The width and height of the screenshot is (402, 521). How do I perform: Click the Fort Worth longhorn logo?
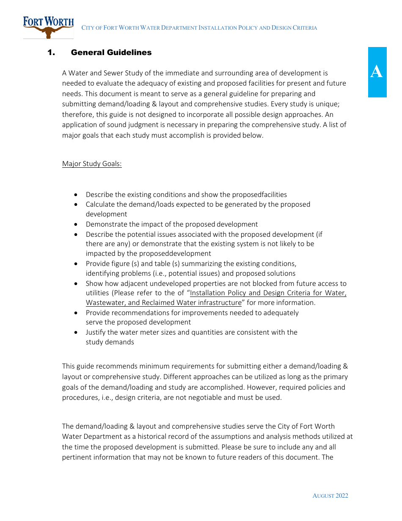click(48, 27)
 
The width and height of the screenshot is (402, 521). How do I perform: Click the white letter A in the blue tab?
click(377, 72)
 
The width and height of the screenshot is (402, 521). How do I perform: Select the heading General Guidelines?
click(111, 53)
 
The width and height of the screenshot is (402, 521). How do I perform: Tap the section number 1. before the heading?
click(51, 53)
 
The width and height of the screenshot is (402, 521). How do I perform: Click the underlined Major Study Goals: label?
click(92, 164)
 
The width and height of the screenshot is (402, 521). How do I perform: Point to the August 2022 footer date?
click(330, 496)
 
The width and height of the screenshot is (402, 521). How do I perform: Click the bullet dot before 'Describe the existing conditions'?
click(76, 195)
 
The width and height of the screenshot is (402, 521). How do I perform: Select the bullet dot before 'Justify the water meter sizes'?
click(76, 333)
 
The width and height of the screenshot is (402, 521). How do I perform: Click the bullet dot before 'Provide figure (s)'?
click(76, 264)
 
